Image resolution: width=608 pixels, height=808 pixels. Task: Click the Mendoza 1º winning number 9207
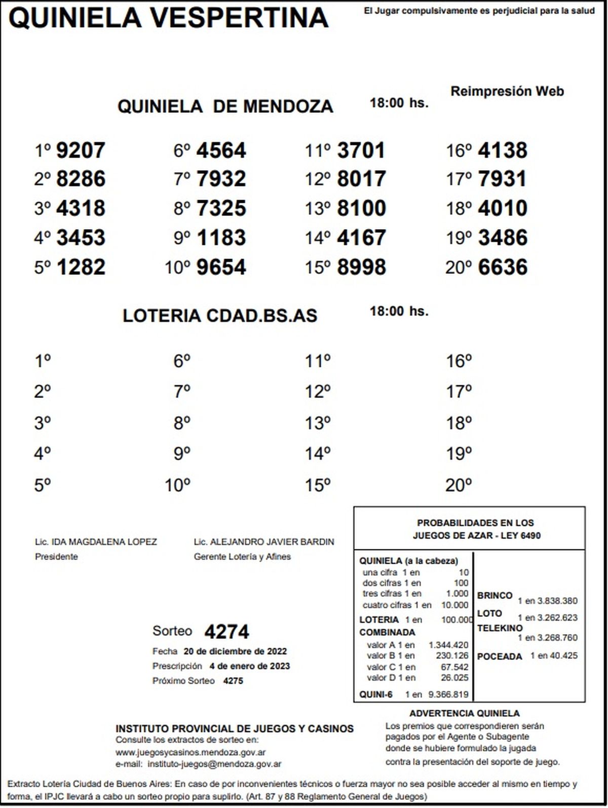[81, 151]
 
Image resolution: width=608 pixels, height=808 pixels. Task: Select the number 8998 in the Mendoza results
[362, 268]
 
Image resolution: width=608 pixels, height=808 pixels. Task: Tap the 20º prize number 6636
[503, 268]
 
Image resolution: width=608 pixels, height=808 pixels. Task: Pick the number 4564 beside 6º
[221, 151]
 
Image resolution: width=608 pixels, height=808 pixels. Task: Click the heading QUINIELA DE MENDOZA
[225, 106]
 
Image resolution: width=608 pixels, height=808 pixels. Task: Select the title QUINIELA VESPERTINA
[169, 18]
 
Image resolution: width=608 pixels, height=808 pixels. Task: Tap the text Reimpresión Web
[507, 92]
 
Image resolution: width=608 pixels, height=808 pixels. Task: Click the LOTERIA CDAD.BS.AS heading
[220, 316]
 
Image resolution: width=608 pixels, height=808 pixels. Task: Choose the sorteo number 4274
[227, 632]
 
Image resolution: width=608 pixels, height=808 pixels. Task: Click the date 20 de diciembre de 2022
[235, 651]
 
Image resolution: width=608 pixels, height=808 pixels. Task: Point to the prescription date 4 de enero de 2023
[249, 666]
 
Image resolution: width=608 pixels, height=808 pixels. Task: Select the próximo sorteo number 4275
[233, 681]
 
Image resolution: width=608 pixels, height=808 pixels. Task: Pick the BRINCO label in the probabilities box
[495, 596]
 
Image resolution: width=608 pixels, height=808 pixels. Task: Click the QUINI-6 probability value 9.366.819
[448, 694]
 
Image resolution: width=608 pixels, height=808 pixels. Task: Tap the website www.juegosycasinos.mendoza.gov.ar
[191, 753]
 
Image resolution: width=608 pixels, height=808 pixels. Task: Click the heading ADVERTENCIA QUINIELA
[465, 714]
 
